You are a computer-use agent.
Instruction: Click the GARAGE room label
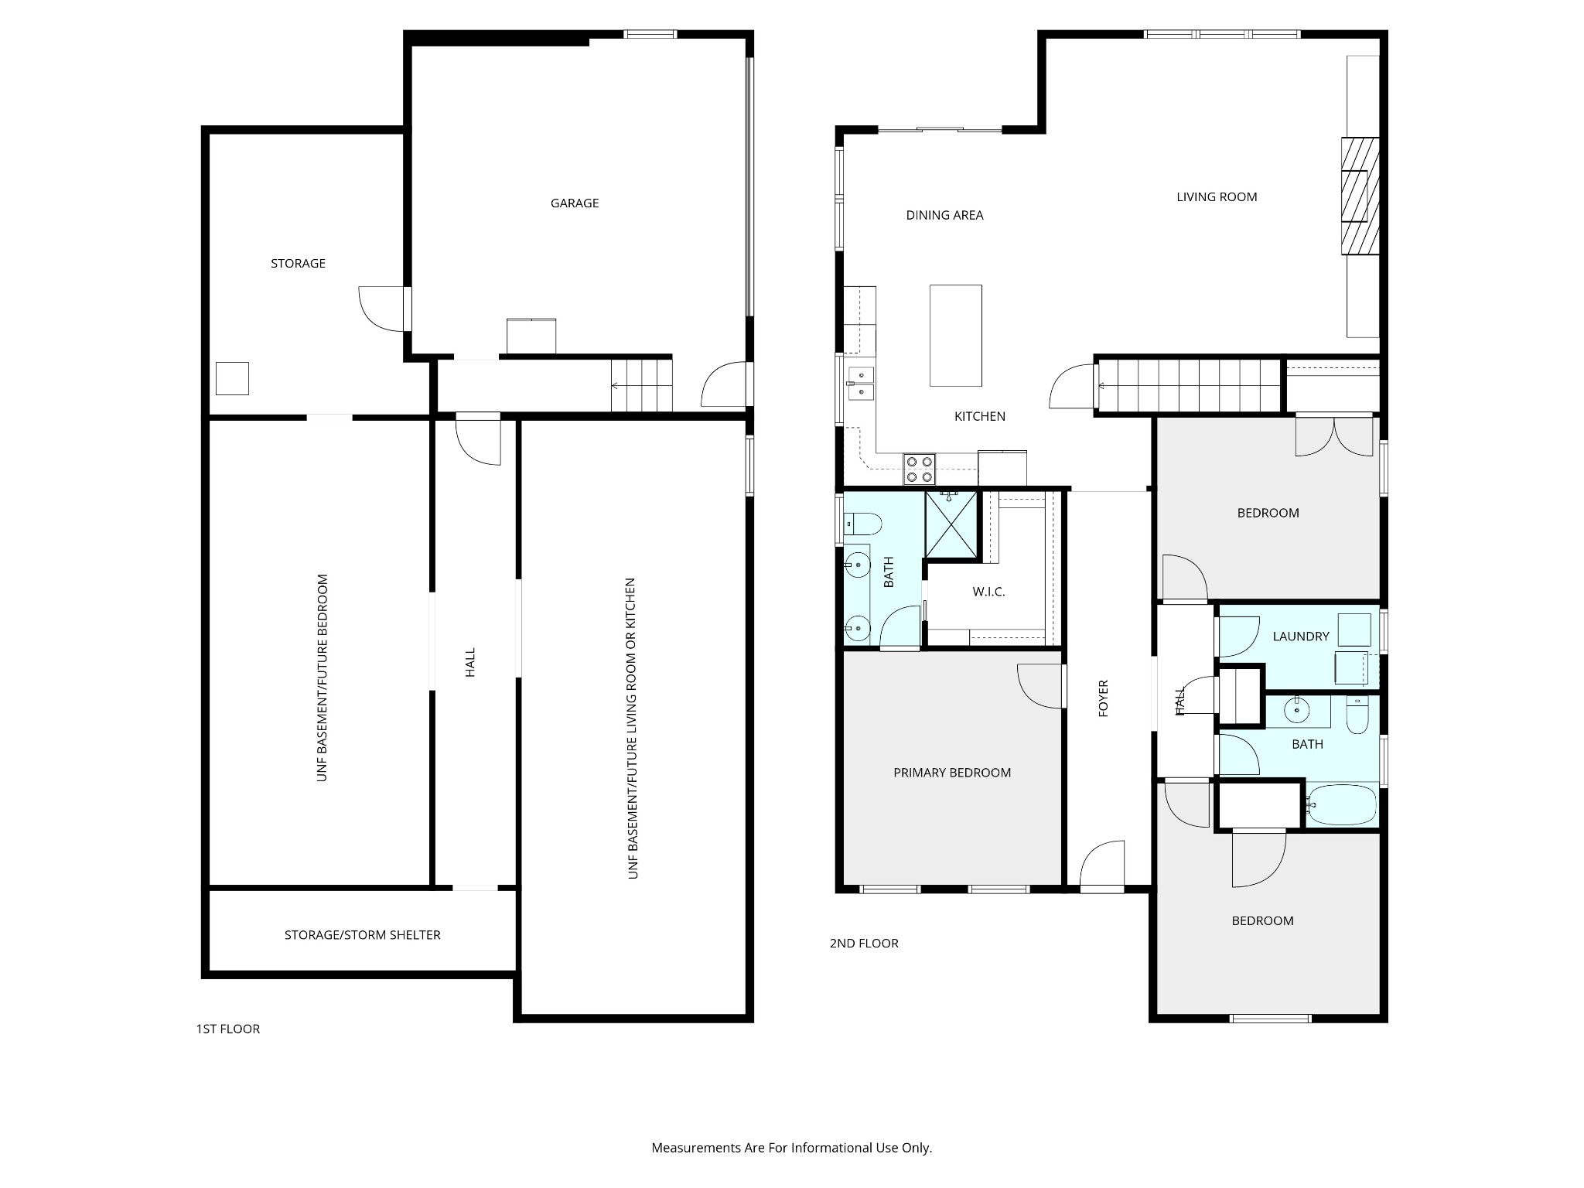pos(575,203)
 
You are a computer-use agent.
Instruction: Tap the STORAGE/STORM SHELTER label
pos(362,935)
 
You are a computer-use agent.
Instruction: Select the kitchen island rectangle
pos(956,336)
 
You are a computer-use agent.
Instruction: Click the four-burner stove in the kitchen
pos(919,469)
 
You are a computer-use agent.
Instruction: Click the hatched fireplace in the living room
pos(1360,196)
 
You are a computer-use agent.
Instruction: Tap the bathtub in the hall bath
pos(1342,806)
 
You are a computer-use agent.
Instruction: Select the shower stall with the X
pos(951,524)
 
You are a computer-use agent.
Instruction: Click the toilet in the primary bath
pos(863,524)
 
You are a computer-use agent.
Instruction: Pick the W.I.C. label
pos(988,592)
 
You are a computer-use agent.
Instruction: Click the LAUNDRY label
pos(1301,637)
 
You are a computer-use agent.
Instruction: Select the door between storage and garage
pos(384,309)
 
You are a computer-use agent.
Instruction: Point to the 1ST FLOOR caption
pos(228,1029)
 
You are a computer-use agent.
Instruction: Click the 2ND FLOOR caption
pos(864,943)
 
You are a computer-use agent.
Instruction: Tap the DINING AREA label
pos(944,215)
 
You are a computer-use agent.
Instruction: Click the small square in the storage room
pos(232,379)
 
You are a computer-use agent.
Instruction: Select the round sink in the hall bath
pos(1297,708)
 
